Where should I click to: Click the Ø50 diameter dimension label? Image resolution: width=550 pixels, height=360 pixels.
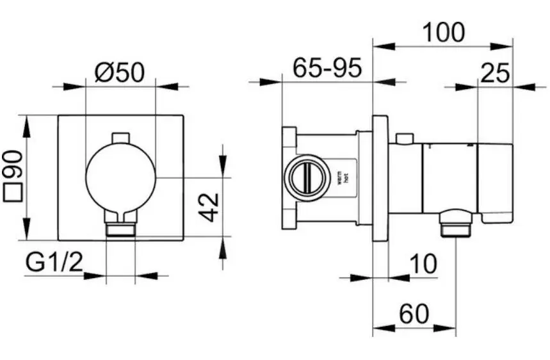(120, 72)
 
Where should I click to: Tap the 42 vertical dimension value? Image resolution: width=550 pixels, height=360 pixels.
(210, 206)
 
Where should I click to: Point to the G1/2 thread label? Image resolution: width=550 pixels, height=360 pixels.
(55, 262)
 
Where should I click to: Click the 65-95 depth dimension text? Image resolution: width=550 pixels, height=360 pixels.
(327, 67)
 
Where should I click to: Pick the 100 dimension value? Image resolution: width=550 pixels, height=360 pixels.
(443, 32)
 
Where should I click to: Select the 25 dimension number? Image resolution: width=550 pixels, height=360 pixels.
(495, 74)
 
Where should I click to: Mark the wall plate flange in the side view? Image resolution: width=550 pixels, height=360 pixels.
(380, 179)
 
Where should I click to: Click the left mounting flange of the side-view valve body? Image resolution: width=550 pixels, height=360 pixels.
(289, 179)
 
